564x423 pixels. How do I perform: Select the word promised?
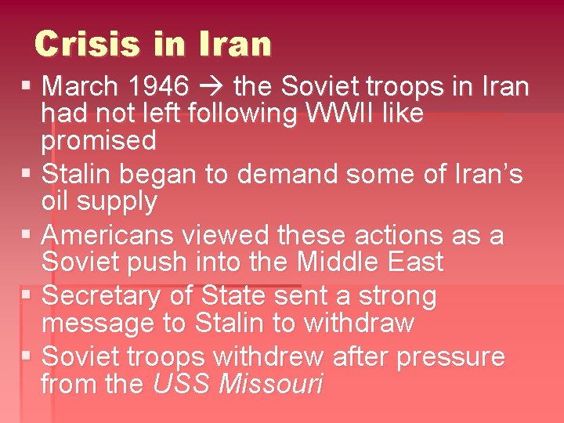pyautogui.click(x=99, y=142)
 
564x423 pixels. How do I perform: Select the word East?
pyautogui.click(x=409, y=262)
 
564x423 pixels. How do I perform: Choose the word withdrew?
pyautogui.click(x=268, y=356)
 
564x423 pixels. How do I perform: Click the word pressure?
pyautogui.click(x=450, y=358)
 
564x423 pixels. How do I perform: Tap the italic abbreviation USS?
pyautogui.click(x=182, y=385)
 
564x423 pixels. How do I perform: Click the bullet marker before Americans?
pyautogui.click(x=27, y=234)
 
